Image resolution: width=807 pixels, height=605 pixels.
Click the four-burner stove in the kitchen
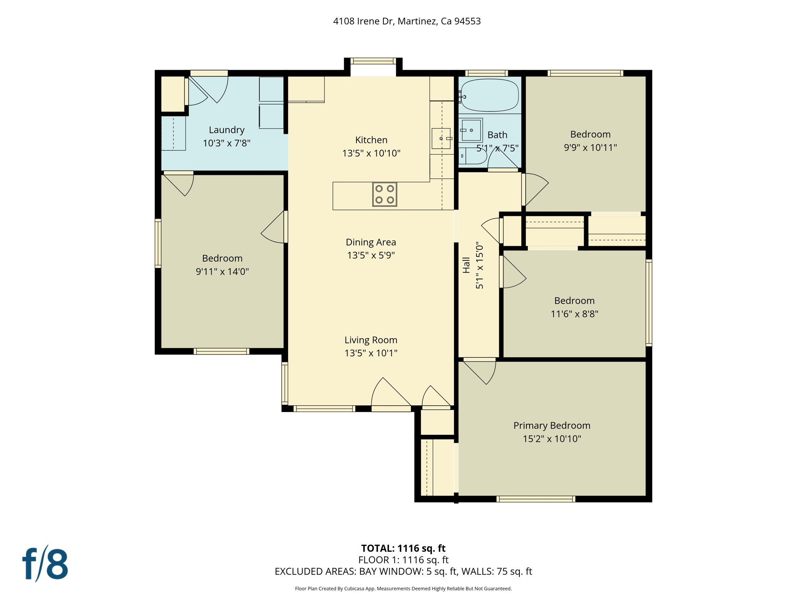point(385,194)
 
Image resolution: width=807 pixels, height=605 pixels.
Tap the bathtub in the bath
point(490,95)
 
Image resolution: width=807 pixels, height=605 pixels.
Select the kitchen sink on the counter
point(441,138)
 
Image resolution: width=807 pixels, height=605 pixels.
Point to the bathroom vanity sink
point(471,130)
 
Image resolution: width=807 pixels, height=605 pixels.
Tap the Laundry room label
point(227,130)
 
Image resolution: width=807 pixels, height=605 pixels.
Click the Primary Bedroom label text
point(552,425)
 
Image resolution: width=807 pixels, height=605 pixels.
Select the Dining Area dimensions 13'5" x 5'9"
point(371,255)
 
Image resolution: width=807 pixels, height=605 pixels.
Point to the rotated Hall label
point(467,265)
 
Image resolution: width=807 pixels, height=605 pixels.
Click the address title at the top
point(407,21)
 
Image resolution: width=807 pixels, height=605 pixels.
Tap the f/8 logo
point(45,564)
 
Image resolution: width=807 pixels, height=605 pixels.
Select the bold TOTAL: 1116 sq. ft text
point(403,548)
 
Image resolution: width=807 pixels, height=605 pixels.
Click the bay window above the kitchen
point(373,61)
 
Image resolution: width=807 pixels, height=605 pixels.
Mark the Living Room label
point(371,340)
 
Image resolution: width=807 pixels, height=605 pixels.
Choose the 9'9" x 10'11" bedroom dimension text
point(590,148)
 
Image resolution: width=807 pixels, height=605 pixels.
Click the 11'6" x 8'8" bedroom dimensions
point(575,314)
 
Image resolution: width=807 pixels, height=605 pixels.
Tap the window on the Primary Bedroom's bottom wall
point(536,499)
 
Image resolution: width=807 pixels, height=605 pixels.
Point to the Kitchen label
point(371,140)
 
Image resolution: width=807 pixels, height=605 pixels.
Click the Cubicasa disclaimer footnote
point(403,588)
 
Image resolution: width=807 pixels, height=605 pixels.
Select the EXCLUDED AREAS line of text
point(403,572)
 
